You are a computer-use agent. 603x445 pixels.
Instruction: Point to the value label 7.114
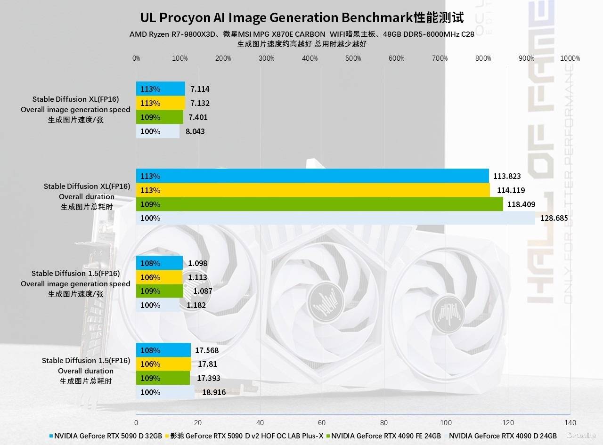[x=200, y=89]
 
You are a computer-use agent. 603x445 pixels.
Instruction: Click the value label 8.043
[x=195, y=131]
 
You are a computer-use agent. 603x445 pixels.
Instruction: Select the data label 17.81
[x=207, y=364]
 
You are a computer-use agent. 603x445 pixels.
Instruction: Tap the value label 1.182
[x=196, y=305]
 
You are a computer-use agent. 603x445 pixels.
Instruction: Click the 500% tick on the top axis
[x=353, y=58]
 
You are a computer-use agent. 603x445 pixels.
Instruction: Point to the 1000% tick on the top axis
[x=570, y=58]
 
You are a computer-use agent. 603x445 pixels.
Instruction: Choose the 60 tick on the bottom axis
[x=322, y=422]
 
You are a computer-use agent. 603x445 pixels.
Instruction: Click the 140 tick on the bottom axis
[x=570, y=422]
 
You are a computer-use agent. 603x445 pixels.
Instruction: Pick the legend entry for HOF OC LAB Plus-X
[x=244, y=436]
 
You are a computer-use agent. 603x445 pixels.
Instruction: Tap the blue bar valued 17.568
[x=163, y=350]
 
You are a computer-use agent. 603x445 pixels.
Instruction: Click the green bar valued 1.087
[x=159, y=291]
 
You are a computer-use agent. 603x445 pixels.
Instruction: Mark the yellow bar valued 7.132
[x=160, y=103]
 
